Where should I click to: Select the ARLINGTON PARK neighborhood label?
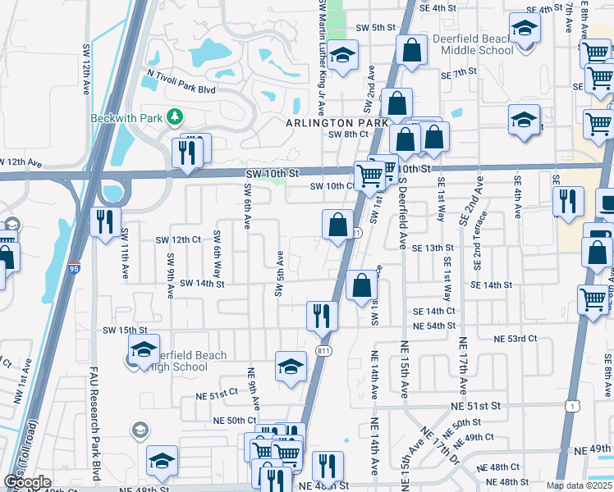tap(336, 122)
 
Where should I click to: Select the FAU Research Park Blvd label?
tap(95, 426)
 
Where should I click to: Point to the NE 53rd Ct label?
tap(515, 338)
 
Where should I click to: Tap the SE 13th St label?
tap(433, 248)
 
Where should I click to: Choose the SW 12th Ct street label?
tap(178, 239)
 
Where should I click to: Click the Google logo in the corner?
tap(26, 482)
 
